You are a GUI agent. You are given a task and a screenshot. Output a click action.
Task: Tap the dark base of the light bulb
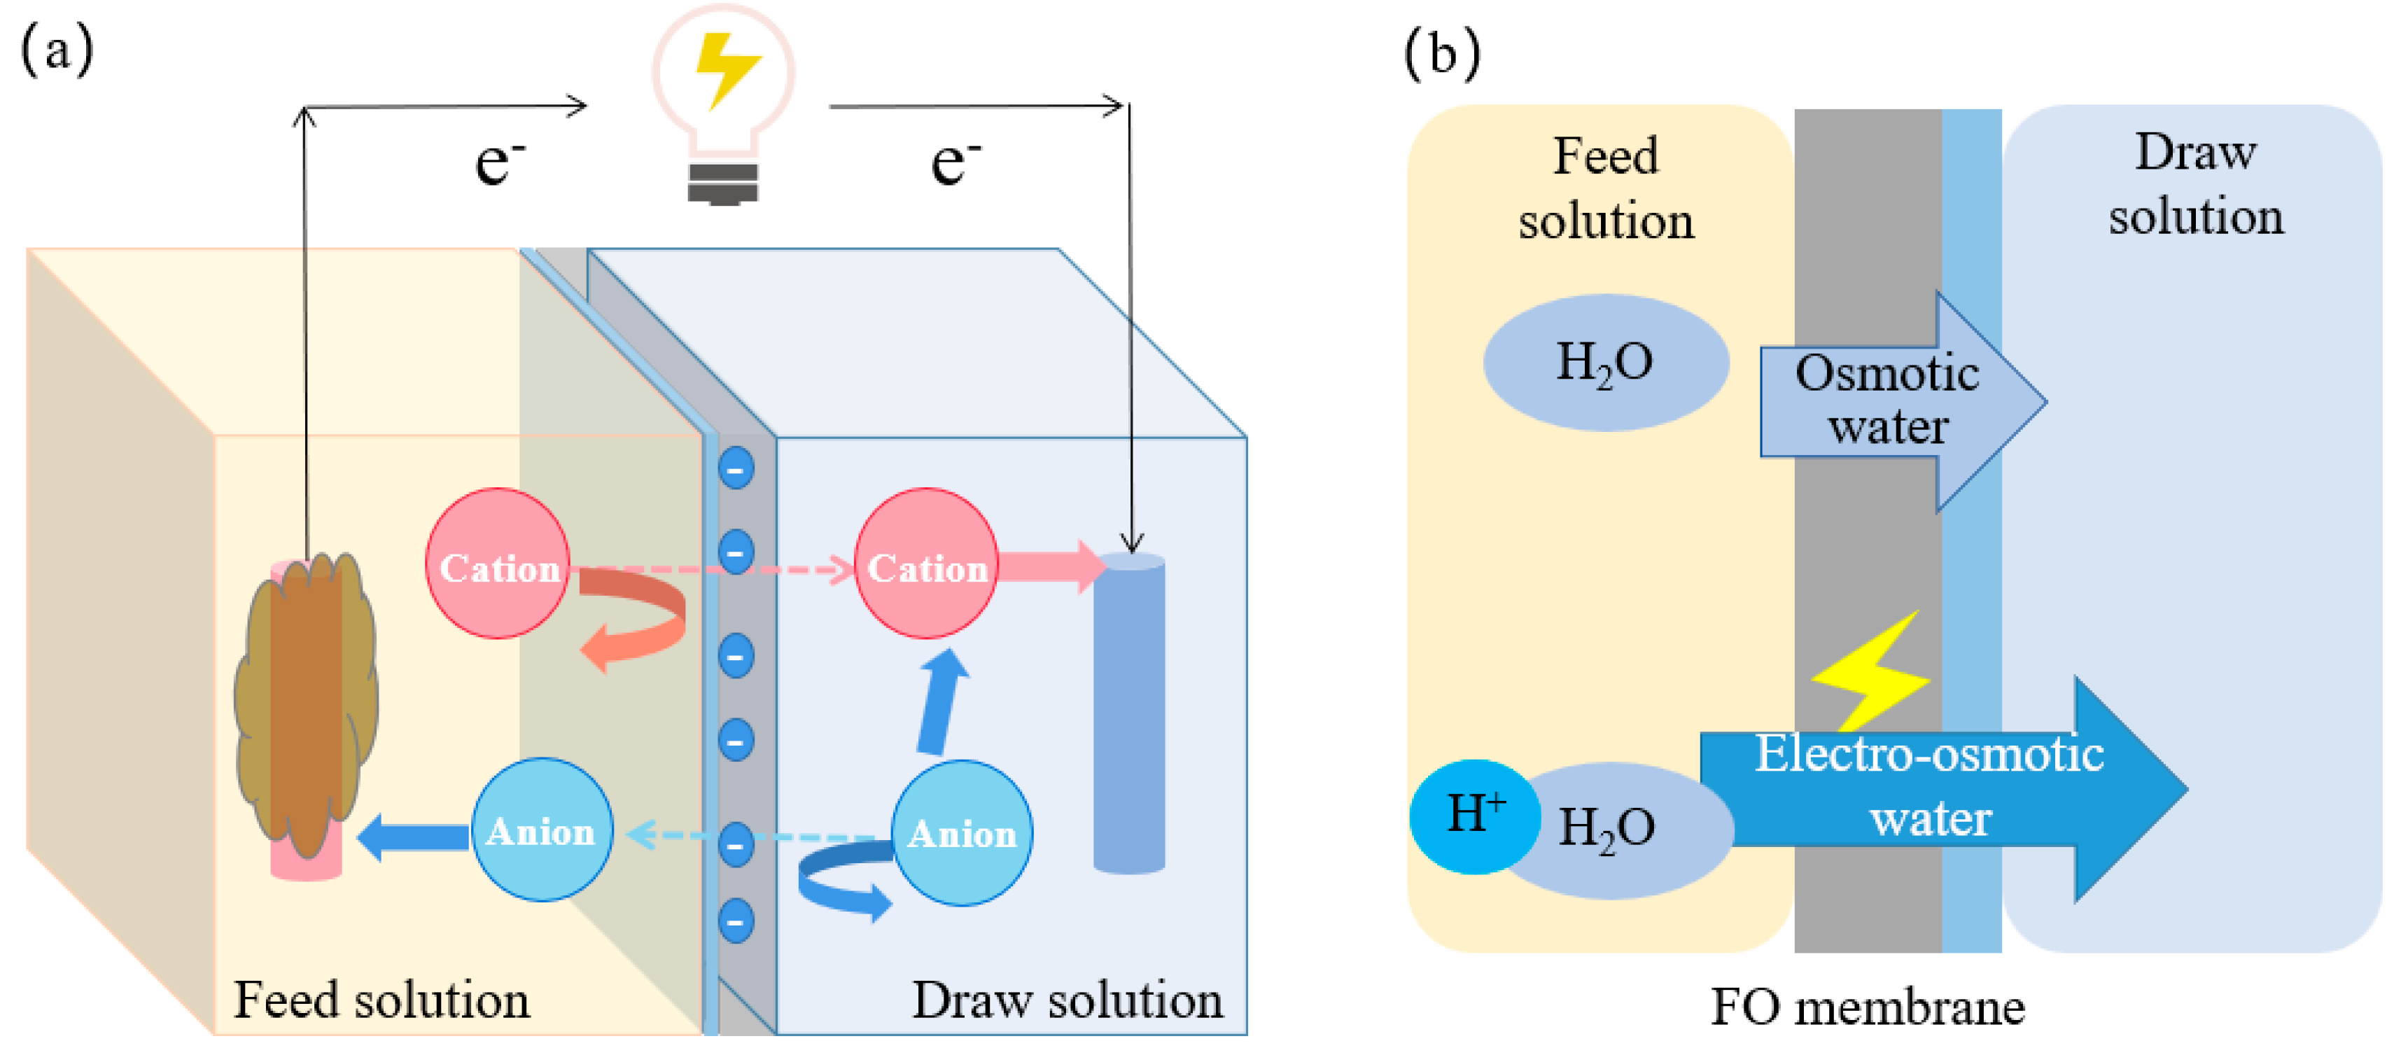click(x=722, y=183)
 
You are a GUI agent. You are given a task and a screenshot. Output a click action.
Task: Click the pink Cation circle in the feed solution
click(x=498, y=564)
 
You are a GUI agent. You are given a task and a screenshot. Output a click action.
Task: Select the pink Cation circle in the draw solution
click(x=927, y=564)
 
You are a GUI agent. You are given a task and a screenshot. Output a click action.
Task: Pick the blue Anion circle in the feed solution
click(x=542, y=830)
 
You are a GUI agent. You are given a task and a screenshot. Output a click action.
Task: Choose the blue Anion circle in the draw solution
click(x=962, y=833)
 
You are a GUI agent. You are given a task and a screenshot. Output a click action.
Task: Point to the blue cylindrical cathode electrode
click(x=1128, y=713)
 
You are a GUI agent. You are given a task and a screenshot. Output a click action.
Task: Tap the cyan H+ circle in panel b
click(x=1474, y=816)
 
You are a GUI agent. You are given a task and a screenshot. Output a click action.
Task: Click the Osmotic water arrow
click(x=1901, y=402)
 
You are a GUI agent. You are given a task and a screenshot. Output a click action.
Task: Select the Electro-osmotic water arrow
click(x=1943, y=788)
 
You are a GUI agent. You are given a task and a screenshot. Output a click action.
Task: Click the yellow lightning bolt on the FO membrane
click(x=1870, y=671)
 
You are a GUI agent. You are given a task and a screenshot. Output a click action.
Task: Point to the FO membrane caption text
click(x=1867, y=1007)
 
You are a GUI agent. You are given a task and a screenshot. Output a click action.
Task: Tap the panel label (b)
click(x=1442, y=53)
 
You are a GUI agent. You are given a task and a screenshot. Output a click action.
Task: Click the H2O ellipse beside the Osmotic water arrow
click(x=1606, y=363)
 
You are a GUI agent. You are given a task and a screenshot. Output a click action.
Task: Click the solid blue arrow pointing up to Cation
click(x=941, y=701)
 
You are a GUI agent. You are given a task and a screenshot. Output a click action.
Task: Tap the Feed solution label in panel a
click(x=381, y=1000)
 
